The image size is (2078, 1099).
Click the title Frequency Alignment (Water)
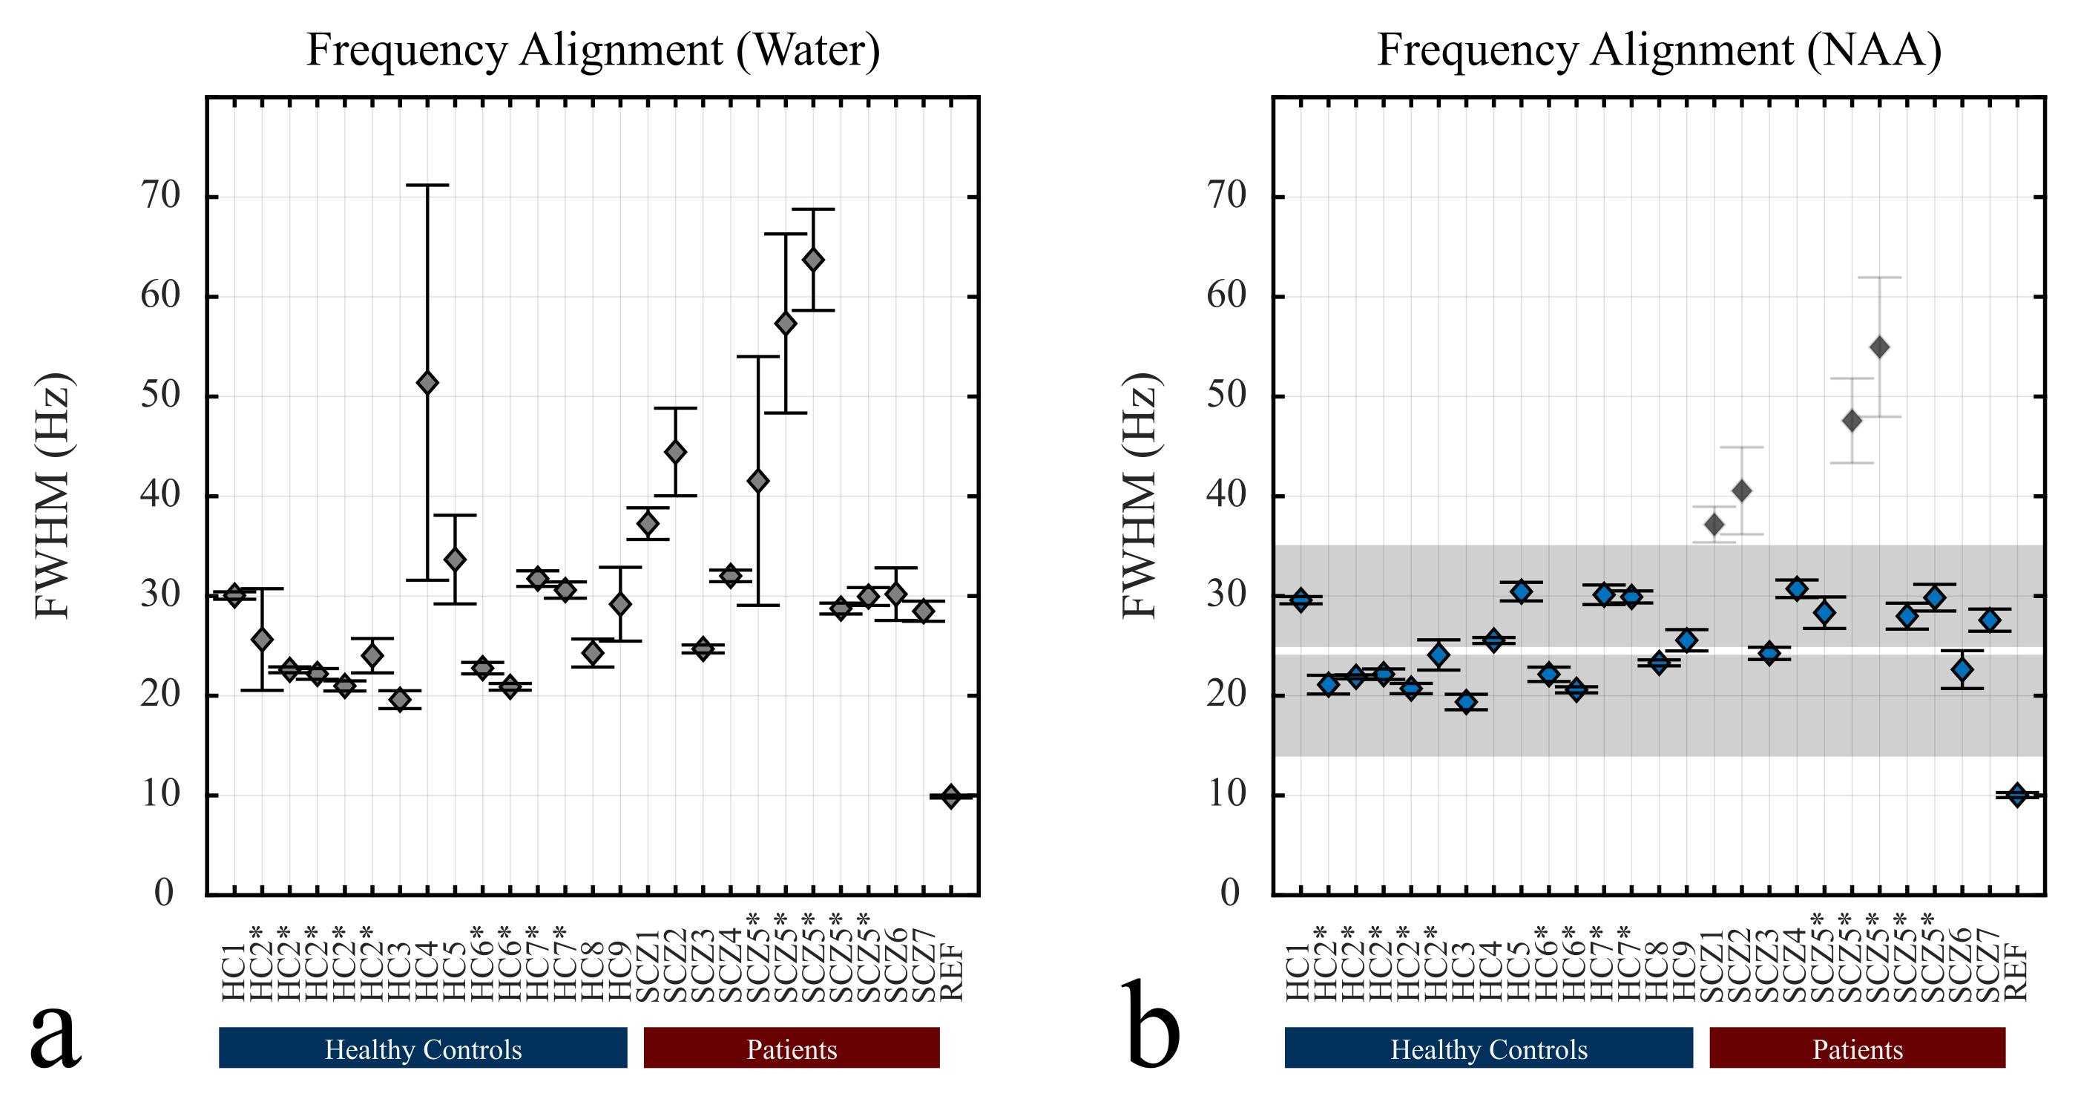593,50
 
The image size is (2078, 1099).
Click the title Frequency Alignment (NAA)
1659,50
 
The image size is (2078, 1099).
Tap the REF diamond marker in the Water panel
951,796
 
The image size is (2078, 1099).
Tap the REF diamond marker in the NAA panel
2017,795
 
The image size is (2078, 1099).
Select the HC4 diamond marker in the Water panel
427,382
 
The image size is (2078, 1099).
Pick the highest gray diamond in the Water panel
813,260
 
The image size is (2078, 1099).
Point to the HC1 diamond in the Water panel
234,597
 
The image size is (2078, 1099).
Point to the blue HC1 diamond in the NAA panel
1301,600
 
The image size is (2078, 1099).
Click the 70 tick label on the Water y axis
161,196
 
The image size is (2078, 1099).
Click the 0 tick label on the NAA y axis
1230,893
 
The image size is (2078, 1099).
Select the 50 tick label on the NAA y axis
1227,396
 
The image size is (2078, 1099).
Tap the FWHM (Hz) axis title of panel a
53,496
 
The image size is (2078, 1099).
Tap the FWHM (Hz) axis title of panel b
1140,496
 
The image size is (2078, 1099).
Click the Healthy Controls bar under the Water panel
423,1048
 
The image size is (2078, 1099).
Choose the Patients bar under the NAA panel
1857,1048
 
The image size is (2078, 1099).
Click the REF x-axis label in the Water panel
953,972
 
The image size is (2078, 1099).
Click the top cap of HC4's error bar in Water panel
427,185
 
